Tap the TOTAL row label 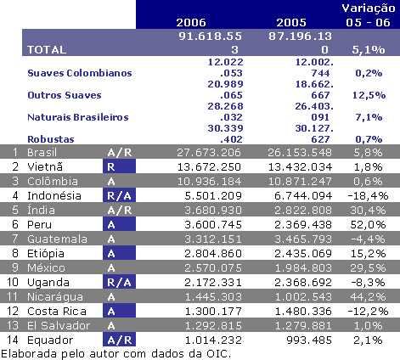point(47,50)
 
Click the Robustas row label point(48,138)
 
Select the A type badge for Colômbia point(112,181)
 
